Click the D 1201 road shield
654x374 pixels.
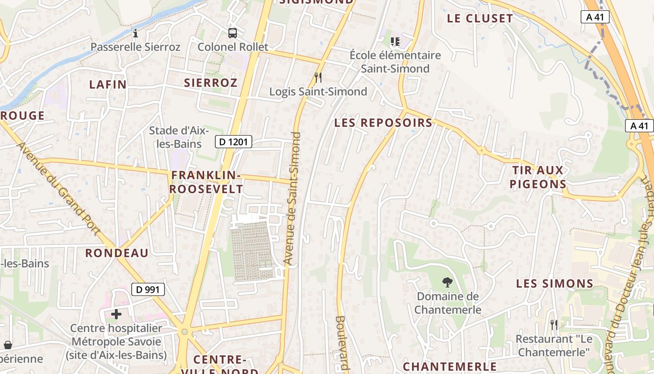234,142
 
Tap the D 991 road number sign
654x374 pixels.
148,289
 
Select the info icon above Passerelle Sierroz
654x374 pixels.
135,33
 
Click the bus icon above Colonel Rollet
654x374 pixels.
233,33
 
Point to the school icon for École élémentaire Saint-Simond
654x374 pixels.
395,42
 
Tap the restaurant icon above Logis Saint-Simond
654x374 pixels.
318,77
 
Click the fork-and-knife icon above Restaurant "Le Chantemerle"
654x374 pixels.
554,324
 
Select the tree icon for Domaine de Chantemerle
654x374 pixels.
448,282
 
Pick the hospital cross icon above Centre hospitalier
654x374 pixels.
116,314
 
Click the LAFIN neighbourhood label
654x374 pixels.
108,85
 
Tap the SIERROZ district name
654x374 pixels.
211,83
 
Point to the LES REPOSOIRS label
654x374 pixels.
384,123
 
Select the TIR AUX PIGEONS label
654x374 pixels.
538,177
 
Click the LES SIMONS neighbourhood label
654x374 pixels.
554,284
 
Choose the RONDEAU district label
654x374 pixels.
117,253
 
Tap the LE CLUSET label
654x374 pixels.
480,19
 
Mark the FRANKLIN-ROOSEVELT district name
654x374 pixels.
206,182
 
